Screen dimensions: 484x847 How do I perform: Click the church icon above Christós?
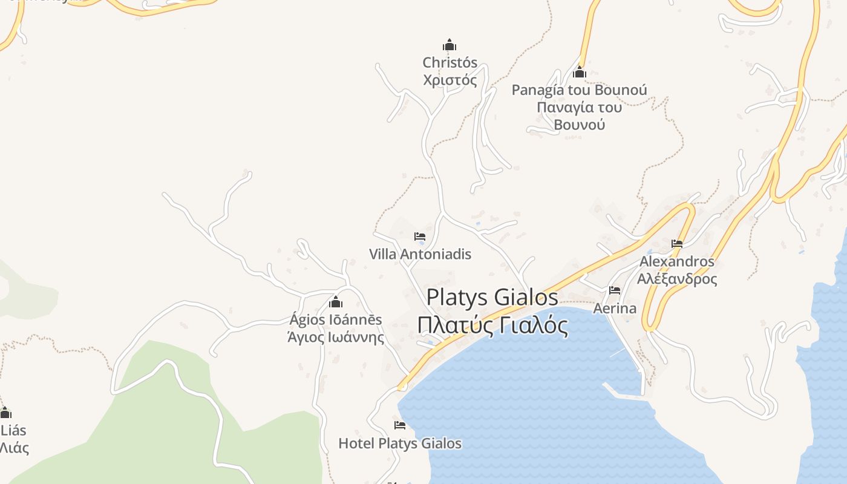coord(450,45)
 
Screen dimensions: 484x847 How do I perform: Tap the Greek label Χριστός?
coord(450,80)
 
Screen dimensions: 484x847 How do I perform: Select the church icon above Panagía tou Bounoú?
coord(580,73)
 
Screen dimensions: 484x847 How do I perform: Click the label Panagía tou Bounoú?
coord(579,90)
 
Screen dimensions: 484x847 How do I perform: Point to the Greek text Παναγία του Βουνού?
coord(579,116)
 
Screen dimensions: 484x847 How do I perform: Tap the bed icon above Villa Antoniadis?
coord(420,237)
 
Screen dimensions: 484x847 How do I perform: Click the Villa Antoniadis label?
coord(420,254)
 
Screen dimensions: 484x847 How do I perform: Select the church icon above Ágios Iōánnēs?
coord(336,302)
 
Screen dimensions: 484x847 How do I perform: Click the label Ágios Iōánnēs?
coord(336,319)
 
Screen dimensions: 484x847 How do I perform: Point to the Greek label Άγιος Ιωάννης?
coord(336,337)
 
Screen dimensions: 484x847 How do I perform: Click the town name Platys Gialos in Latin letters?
coord(492,298)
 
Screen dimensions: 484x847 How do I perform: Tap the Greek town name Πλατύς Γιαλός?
coord(492,325)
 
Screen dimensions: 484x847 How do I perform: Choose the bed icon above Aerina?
coord(615,290)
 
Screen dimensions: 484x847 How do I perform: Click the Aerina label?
coord(615,309)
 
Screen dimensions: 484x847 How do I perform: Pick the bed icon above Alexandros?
coord(677,244)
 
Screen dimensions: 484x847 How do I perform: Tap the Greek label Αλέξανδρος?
coord(677,279)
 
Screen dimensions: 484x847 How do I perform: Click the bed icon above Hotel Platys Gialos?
coord(399,425)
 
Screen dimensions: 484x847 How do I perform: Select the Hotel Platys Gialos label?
coord(399,443)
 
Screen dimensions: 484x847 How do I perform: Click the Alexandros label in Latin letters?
coord(677,262)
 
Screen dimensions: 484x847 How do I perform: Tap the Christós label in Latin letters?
coord(450,62)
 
